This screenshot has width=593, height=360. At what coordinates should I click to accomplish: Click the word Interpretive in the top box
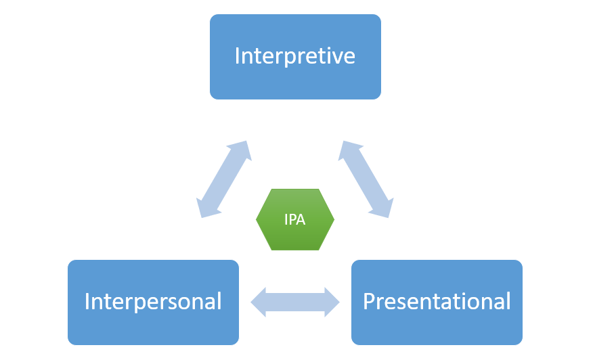294,56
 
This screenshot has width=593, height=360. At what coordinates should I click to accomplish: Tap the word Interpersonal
153,301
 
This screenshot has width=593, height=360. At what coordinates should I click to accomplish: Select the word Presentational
437,301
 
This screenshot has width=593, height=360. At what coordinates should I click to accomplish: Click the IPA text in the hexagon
295,220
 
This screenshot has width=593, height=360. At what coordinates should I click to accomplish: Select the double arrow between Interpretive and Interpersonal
224,179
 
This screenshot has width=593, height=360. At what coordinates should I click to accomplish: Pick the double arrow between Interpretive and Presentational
366,179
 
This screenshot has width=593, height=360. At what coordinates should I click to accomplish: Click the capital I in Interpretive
237,56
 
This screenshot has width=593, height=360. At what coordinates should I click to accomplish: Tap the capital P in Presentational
369,301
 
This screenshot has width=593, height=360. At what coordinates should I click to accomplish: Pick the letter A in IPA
302,220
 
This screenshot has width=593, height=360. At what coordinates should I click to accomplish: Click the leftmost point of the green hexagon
257,220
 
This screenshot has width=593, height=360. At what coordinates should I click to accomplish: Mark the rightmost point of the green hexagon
334,220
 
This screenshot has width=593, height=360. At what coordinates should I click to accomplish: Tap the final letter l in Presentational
508,300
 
